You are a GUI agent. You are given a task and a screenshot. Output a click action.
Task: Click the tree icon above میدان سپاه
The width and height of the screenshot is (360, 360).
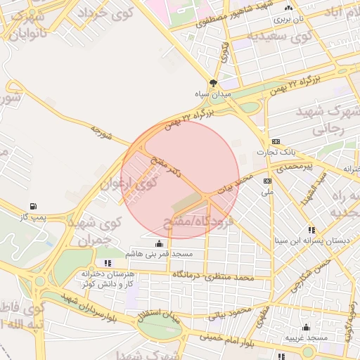[213, 82]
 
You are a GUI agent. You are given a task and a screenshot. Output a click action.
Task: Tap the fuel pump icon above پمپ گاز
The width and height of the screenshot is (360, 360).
[32, 206]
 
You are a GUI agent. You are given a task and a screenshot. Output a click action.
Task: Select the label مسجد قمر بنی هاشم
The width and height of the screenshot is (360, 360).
[160, 253]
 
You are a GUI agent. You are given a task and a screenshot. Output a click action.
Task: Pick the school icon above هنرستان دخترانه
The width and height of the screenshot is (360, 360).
[107, 263]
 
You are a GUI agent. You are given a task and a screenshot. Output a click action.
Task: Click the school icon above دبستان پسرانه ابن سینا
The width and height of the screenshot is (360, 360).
[311, 230]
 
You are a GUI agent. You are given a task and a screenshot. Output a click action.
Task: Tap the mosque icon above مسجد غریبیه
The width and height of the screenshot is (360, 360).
[306, 327]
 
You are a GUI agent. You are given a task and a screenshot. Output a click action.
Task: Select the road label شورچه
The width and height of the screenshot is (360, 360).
[101, 133]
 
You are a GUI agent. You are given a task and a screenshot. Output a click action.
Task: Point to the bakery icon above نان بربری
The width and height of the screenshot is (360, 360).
[289, 8]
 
